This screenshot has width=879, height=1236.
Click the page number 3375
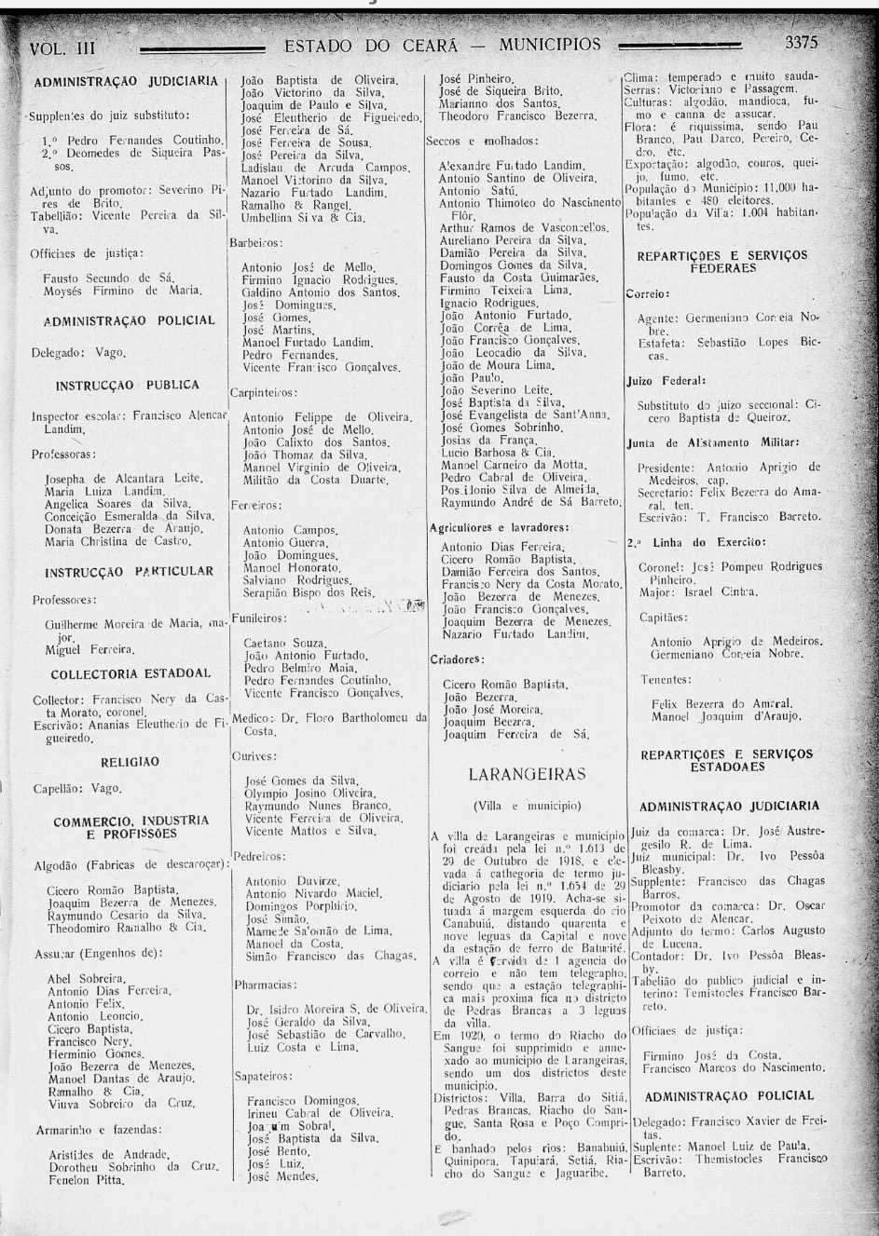pos(801,43)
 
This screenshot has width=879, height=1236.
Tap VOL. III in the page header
pos(62,48)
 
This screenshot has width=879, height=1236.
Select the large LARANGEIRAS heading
pos(528,774)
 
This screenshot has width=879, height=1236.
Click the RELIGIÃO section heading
pos(130,762)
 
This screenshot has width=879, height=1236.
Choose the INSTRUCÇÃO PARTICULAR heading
pos(130,571)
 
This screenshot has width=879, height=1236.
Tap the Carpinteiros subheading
pos(263,392)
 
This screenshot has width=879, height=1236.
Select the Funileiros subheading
pos(259,618)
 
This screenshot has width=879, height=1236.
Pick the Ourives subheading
pos(254,756)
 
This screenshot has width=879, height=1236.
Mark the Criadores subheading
pos(457,659)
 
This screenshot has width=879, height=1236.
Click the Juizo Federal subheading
pos(666,381)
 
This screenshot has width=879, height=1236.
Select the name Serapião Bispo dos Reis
pos(309,591)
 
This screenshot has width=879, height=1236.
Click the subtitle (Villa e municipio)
pos(527,806)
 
